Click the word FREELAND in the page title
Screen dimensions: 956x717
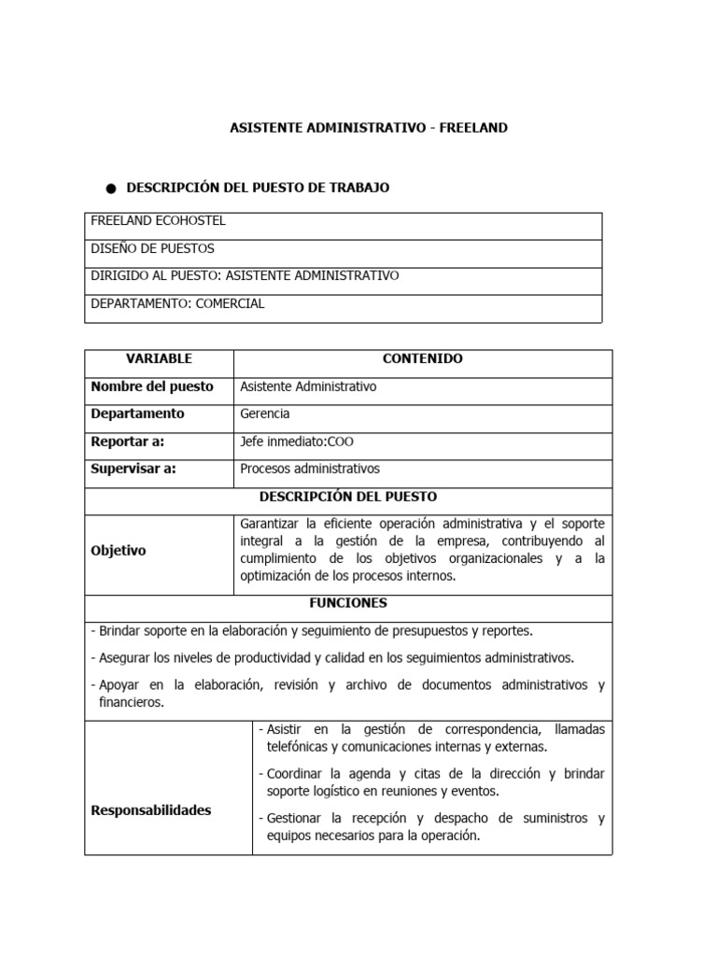click(474, 127)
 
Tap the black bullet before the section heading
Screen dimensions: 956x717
click(111, 189)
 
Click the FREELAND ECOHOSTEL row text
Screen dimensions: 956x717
click(158, 221)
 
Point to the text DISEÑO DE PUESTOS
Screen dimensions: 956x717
click(152, 248)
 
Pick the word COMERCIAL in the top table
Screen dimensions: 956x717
click(231, 302)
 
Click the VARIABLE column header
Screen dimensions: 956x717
click(159, 358)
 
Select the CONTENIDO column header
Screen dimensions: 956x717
click(422, 358)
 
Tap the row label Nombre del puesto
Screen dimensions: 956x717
click(151, 387)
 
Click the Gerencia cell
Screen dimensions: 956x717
click(265, 414)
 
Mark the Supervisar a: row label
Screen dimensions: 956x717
click(133, 469)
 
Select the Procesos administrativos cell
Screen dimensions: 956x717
click(310, 469)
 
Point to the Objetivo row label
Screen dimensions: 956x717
click(118, 551)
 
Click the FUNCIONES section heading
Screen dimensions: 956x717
click(348, 603)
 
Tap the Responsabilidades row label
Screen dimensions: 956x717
click(150, 810)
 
